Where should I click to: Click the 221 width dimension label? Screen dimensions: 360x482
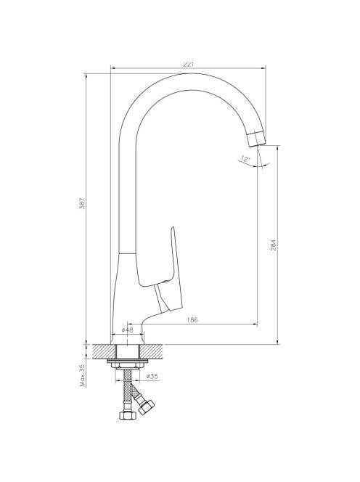189,65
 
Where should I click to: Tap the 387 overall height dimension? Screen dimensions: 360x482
82,203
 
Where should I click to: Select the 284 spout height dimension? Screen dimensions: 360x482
274,245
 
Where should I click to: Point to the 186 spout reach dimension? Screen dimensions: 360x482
192,319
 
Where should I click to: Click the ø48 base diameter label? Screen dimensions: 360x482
127,330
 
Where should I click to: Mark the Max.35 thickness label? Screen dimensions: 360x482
82,375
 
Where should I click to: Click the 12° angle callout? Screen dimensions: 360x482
245,159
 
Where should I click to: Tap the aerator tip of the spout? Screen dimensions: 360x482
256,139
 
